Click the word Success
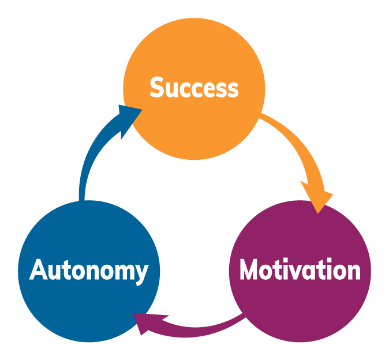tap(194, 87)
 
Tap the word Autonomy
tap(89, 271)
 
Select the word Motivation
tap(300, 269)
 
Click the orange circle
tap(194, 89)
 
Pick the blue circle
tap(89, 271)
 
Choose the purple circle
tap(300, 271)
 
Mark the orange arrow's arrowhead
tap(318, 198)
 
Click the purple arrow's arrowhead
tap(146, 322)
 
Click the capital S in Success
tap(157, 87)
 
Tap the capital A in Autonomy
tap(39, 269)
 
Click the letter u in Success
tap(172, 90)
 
